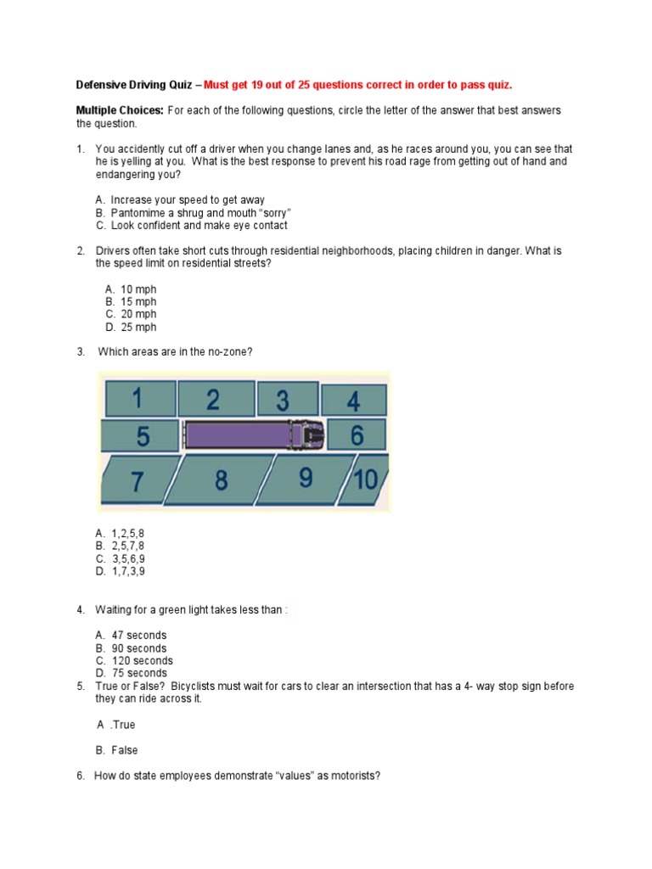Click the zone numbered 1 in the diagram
tap(138, 399)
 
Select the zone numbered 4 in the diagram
tap(354, 401)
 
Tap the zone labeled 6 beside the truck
tap(357, 435)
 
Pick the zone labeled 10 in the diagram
tap(365, 480)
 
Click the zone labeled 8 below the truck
tap(221, 480)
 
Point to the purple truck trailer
tap(235, 435)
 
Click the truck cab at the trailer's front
tap(307, 435)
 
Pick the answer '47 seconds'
tap(138, 636)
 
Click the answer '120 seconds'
tap(141, 661)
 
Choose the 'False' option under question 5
tap(124, 750)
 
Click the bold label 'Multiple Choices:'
tap(120, 110)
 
